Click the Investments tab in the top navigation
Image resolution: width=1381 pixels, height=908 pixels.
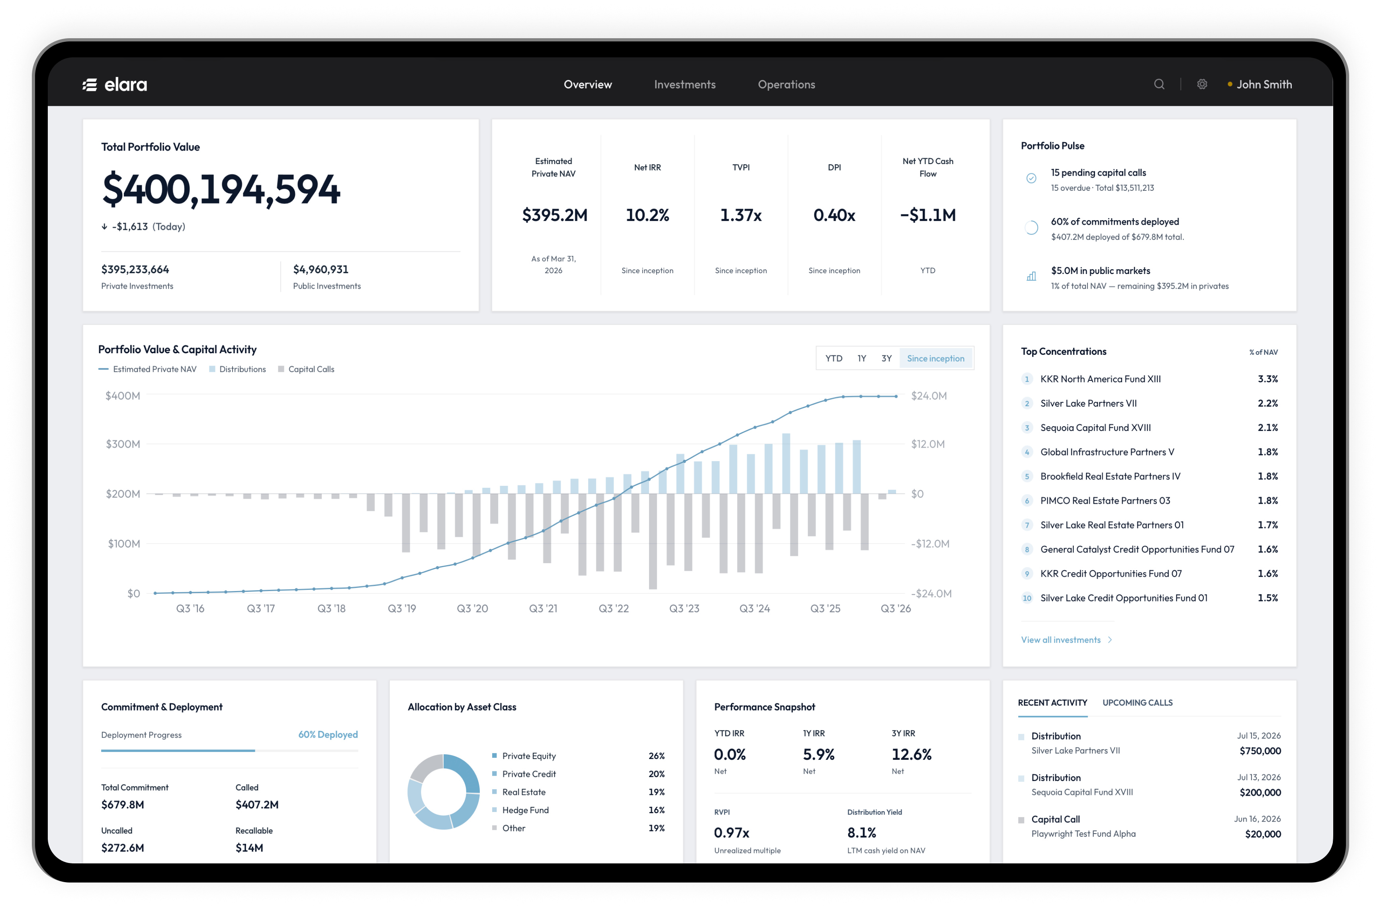pyautogui.click(x=685, y=85)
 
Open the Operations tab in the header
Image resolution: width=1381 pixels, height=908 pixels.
pyautogui.click(x=786, y=85)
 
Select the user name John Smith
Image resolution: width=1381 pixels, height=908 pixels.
pyautogui.click(x=1264, y=85)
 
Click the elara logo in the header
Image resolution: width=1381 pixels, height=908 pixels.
pyautogui.click(x=115, y=85)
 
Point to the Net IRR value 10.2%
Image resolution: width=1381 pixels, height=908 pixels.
pyautogui.click(x=647, y=215)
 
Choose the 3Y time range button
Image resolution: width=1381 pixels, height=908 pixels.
pyautogui.click(x=886, y=358)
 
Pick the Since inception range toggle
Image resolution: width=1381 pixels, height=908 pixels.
pyautogui.click(x=935, y=358)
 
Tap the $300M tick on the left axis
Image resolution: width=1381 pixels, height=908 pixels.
pyautogui.click(x=122, y=444)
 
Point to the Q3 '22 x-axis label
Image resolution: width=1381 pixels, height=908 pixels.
pyautogui.click(x=613, y=609)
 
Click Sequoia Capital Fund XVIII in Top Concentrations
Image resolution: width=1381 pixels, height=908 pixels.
pyautogui.click(x=1095, y=428)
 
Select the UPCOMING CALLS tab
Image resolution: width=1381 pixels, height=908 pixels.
pyautogui.click(x=1137, y=703)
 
